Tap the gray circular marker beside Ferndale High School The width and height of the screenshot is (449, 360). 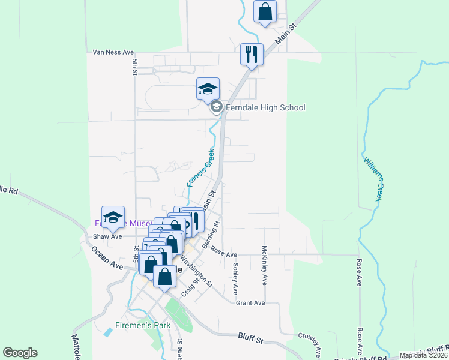pos(216,108)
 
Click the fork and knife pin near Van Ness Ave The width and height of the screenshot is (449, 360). pos(252,55)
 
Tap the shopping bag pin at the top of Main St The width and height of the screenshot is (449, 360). pos(265,12)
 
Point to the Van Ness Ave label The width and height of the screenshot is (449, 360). pos(113,52)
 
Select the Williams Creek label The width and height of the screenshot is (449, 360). pos(373,178)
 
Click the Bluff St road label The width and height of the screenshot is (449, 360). pos(250,340)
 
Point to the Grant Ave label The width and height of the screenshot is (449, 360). pos(250,303)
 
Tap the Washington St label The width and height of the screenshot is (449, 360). pos(197,272)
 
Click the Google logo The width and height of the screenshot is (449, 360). pos(20,353)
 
